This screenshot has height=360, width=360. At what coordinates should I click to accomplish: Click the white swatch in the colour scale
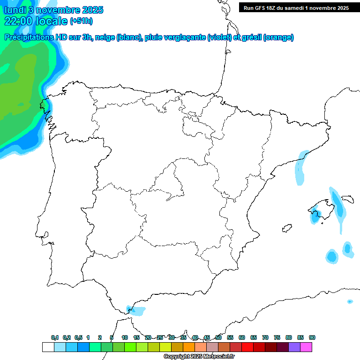tap(48, 347)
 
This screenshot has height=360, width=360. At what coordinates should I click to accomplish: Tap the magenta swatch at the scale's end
tap(306, 347)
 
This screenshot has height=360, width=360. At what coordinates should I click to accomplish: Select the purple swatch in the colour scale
tap(294, 347)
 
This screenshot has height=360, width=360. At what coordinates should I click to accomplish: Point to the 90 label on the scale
tap(312, 337)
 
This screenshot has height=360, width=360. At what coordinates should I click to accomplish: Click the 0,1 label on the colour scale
tap(55, 337)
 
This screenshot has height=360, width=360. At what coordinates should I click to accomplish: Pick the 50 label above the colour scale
tap(218, 337)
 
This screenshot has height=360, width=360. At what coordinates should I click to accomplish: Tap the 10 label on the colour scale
tap(125, 337)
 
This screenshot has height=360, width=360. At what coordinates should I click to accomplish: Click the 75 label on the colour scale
tap(277, 337)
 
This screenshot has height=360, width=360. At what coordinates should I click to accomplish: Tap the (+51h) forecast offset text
tap(81, 21)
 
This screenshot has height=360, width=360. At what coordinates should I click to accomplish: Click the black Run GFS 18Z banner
tap(296, 7)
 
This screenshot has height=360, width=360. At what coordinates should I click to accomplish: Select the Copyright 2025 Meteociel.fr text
tap(199, 356)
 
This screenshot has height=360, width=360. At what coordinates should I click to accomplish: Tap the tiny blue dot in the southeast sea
tap(350, 301)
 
